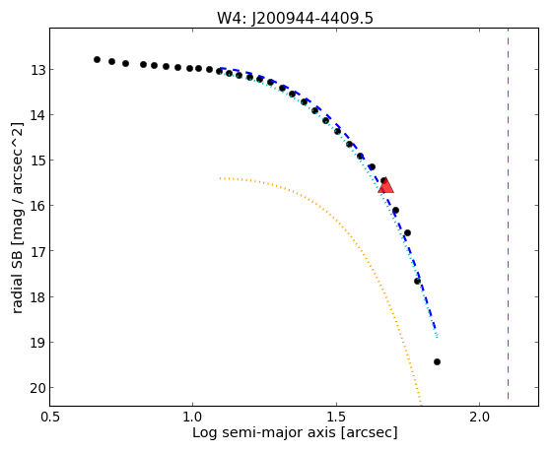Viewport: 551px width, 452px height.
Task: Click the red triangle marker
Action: tap(385, 186)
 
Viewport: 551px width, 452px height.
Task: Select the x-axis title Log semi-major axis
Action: tap(295, 432)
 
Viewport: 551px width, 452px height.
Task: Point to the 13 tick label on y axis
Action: tap(38, 70)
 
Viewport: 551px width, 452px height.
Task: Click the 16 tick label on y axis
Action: tap(38, 206)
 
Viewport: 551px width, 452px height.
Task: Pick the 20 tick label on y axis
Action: tap(38, 388)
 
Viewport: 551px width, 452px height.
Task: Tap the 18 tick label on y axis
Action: tap(38, 297)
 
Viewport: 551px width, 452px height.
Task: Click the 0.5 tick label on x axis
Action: tap(50, 417)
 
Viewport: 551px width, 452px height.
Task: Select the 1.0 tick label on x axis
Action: tap(192, 417)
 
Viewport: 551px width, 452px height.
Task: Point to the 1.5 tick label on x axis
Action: tap(336, 417)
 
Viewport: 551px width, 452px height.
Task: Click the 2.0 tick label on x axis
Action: tap(480, 417)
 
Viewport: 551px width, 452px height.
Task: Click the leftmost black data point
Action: tap(97, 60)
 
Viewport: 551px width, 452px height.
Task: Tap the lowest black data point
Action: tap(437, 361)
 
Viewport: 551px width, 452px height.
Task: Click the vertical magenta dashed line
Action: tap(509, 214)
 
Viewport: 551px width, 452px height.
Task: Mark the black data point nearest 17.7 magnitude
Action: tap(417, 281)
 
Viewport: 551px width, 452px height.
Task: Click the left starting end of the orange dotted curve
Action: tap(220, 178)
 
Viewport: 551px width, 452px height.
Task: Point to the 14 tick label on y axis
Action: tap(38, 115)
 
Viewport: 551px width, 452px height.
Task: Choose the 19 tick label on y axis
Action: tap(38, 343)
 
